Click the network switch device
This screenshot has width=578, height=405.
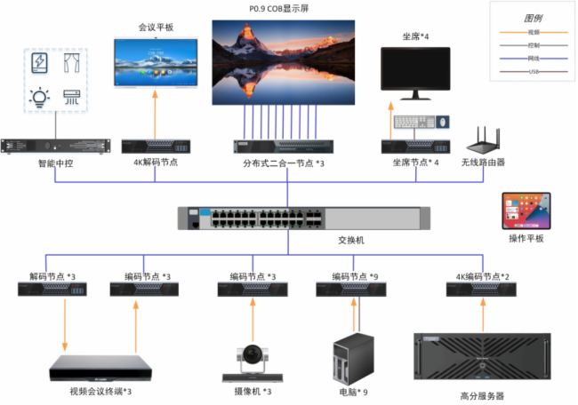coord(302,218)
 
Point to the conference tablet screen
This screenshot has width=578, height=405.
coord(156,61)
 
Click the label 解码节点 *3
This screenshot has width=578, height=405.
coord(52,277)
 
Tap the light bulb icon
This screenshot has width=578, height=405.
coord(39,98)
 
